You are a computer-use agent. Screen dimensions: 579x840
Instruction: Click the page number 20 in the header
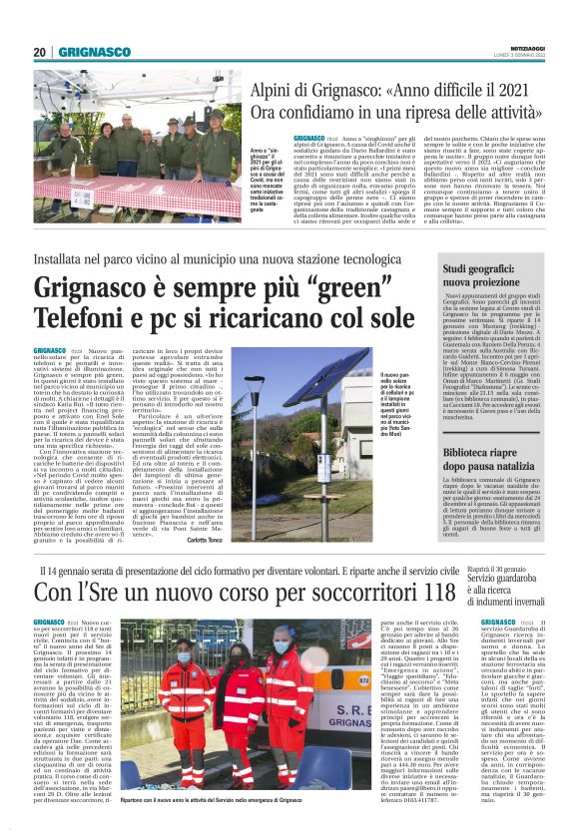(40, 52)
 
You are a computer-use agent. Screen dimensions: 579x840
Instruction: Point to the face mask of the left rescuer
(185, 658)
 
